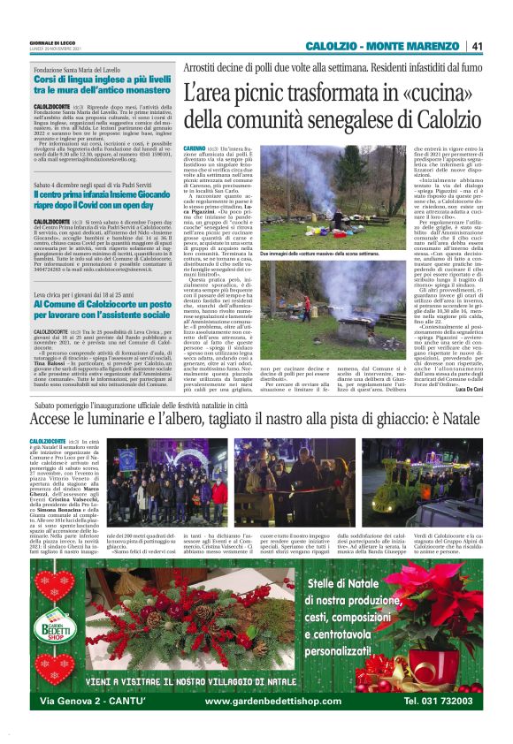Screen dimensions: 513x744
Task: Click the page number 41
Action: coord(477,46)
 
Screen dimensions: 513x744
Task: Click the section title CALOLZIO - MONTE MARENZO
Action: coord(386,46)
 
